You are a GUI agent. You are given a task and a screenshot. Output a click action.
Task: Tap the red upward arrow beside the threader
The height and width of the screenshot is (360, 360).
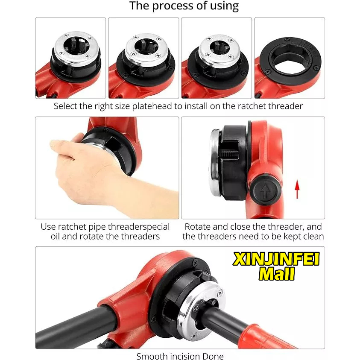coord(297,189)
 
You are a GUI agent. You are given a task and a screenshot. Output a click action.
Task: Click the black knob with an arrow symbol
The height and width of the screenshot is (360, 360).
coord(265,191)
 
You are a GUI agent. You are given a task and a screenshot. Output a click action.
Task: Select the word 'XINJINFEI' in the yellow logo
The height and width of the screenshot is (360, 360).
coord(276,259)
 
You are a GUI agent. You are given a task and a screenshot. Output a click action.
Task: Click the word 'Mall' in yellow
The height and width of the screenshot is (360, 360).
coord(276,274)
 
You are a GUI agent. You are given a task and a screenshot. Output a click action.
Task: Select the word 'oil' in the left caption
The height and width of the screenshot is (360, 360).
coord(55,236)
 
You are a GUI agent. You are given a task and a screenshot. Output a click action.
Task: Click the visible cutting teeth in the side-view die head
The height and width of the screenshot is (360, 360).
coord(228,154)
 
